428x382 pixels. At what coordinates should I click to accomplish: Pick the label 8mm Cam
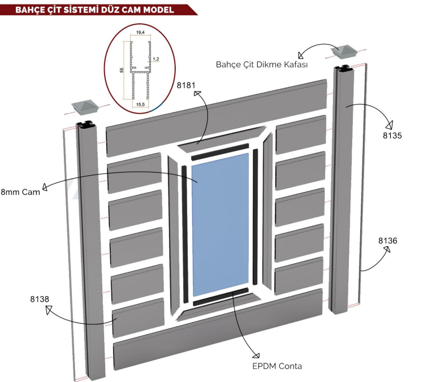[x=20, y=192]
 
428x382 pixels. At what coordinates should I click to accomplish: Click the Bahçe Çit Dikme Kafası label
[x=261, y=64]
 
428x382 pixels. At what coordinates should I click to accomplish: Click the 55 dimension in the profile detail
[x=121, y=70]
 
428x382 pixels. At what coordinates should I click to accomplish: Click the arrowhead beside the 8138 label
[x=47, y=310]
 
